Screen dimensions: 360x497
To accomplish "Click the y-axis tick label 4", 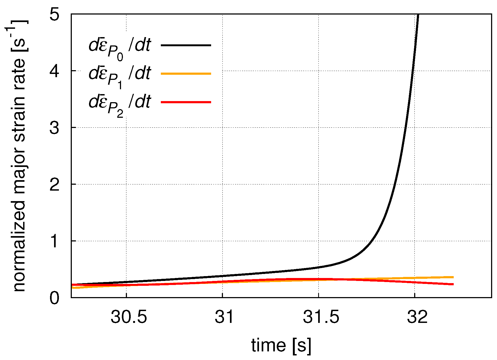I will click(54, 71).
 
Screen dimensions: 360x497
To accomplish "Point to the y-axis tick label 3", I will click(54, 128).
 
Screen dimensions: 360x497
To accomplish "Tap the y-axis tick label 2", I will click(54, 185).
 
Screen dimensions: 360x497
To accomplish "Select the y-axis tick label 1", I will click(54, 241).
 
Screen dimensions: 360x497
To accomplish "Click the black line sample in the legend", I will click(186, 45).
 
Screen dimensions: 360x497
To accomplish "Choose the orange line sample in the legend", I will click(186, 73).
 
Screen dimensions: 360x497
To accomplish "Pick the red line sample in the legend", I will click(186, 102).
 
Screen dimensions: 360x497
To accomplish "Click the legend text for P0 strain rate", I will click(119, 47).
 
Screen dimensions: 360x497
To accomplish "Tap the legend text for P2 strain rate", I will click(119, 104).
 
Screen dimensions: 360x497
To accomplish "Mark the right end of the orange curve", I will click(453, 277).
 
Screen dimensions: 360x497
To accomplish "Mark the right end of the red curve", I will click(453, 284).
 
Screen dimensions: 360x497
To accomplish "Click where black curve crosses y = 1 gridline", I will click(374, 241).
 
